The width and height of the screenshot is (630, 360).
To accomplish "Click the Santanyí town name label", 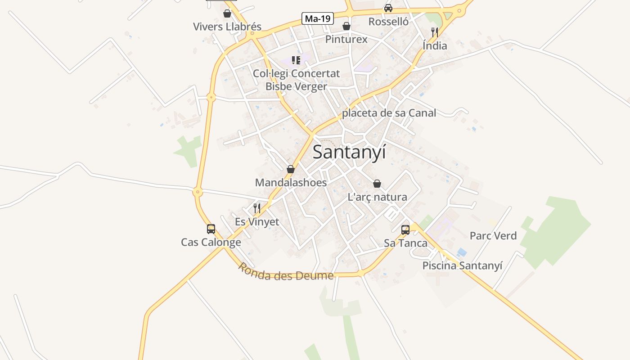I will pyautogui.click(x=349, y=152).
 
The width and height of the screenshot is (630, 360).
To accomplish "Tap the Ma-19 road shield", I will pyautogui.click(x=318, y=18).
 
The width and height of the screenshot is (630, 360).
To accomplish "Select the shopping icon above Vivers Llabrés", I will pyautogui.click(x=227, y=14).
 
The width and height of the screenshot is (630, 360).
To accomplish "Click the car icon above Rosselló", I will pyautogui.click(x=388, y=8).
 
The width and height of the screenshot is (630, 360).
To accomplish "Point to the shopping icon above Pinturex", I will pyautogui.click(x=346, y=26).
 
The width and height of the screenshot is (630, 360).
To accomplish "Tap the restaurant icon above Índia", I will pyautogui.click(x=434, y=32).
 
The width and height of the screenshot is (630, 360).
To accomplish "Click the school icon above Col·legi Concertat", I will pyautogui.click(x=296, y=60).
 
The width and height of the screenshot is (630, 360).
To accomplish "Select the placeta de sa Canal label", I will pyautogui.click(x=389, y=113).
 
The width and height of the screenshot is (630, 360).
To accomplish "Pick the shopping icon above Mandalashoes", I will pyautogui.click(x=291, y=170).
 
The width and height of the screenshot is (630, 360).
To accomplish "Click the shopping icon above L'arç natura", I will pyautogui.click(x=377, y=184).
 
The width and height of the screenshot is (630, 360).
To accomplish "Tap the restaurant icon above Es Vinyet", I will pyautogui.click(x=257, y=208).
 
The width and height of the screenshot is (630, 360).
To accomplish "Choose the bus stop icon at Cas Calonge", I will pyautogui.click(x=211, y=229).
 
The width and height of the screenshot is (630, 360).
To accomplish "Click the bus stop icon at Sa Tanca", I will pyautogui.click(x=405, y=230).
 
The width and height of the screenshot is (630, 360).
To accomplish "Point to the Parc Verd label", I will pyautogui.click(x=493, y=236).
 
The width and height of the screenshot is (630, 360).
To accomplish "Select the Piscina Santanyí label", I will pyautogui.click(x=462, y=265).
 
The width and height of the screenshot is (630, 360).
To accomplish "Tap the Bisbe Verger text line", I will pyautogui.click(x=296, y=86).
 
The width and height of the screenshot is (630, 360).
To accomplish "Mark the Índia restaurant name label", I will pyautogui.click(x=435, y=46).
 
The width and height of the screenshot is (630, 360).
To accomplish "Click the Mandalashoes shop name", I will pyautogui.click(x=291, y=183).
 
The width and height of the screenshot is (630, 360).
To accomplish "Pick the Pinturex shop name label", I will pyautogui.click(x=346, y=40).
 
